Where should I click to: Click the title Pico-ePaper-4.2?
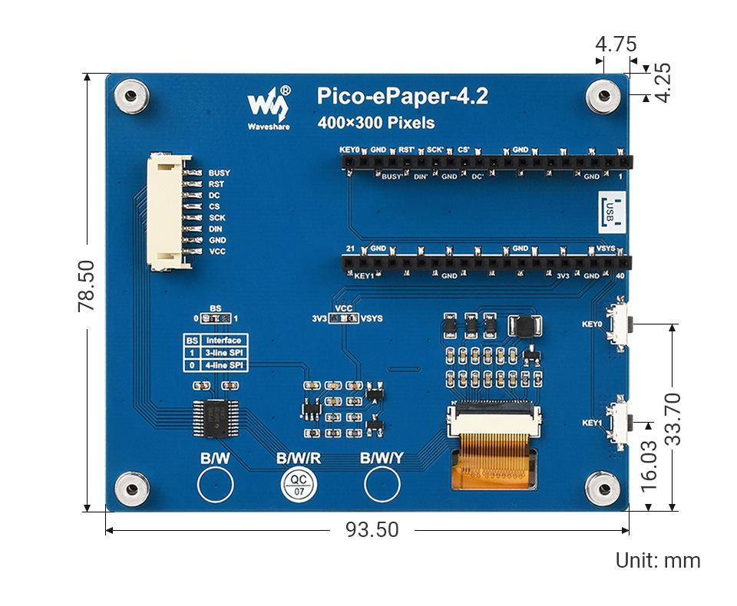tap(402, 97)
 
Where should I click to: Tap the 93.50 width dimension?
tap(372, 530)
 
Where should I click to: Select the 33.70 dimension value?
tap(673, 419)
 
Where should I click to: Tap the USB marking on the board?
tap(610, 209)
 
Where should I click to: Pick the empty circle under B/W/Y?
tap(382, 484)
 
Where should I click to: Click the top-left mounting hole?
tap(131, 97)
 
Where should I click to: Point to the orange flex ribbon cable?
tap(492, 461)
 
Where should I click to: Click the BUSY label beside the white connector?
tap(219, 173)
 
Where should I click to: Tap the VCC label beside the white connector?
tap(217, 252)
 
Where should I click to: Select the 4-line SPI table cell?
tap(223, 365)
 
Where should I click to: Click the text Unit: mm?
tap(658, 561)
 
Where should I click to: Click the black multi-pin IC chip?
tap(213, 419)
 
